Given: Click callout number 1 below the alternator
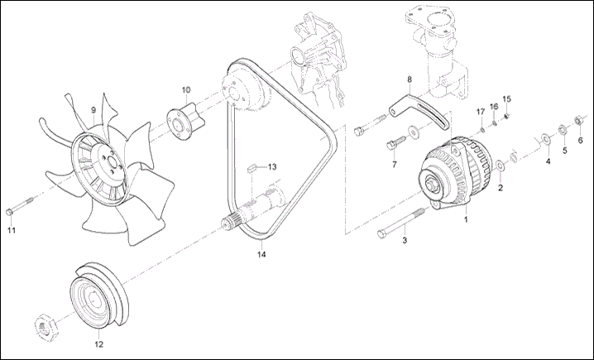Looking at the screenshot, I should [466, 221].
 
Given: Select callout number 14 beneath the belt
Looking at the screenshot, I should [261, 254].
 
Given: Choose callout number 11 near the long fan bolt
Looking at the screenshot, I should [12, 230].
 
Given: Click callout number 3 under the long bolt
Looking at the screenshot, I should [405, 241].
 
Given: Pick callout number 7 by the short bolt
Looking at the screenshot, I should [394, 164].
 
